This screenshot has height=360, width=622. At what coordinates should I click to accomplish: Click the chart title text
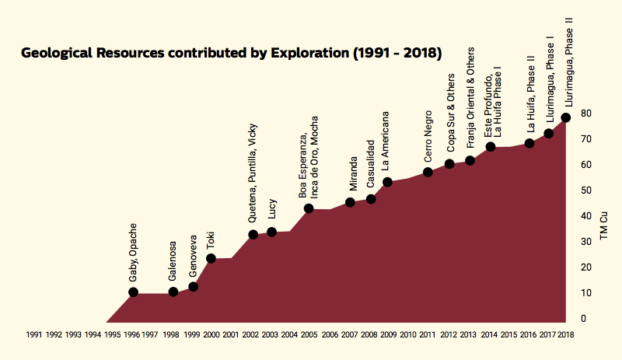click(x=232, y=54)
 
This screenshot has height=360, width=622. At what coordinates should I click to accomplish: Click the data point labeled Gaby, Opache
click(x=133, y=292)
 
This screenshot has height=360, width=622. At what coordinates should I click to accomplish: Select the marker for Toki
click(x=211, y=258)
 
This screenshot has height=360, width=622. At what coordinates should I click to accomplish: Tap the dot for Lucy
click(x=272, y=232)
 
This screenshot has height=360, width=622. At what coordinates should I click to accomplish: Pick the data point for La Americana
click(x=387, y=182)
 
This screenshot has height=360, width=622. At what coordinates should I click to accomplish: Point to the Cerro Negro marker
click(x=428, y=172)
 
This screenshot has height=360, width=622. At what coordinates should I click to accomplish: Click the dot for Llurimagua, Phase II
click(x=566, y=117)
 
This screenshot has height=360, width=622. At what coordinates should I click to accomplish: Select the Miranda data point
click(x=350, y=202)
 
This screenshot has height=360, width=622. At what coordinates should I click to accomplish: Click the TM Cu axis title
click(x=603, y=225)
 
